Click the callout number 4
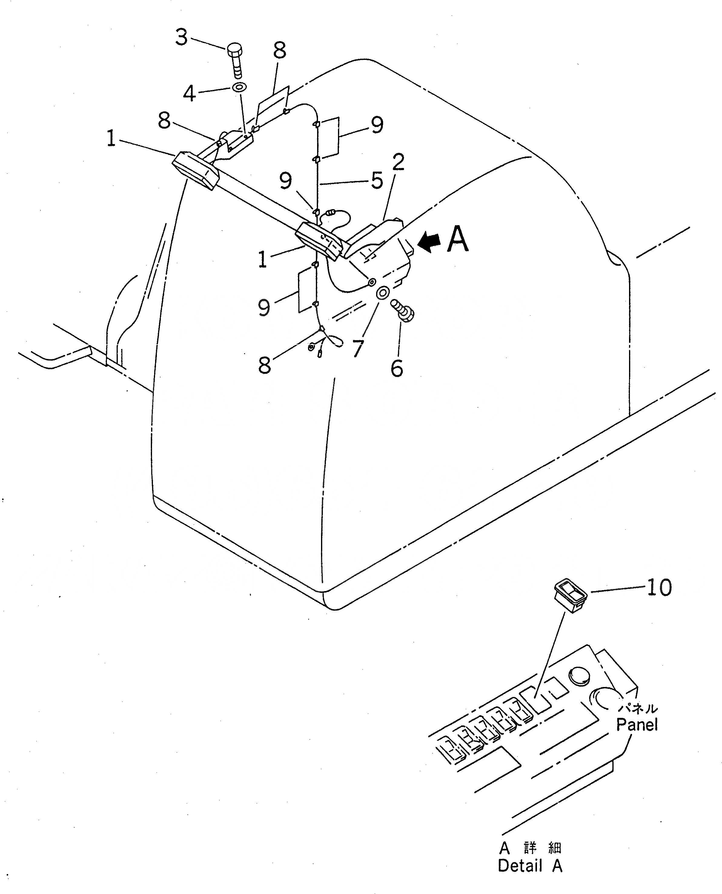(190, 93)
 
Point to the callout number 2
(398, 162)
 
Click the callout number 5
(377, 180)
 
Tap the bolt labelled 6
(402, 311)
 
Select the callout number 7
(358, 348)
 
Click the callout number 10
(659, 587)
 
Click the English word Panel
(637, 725)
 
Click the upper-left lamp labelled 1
(195, 171)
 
